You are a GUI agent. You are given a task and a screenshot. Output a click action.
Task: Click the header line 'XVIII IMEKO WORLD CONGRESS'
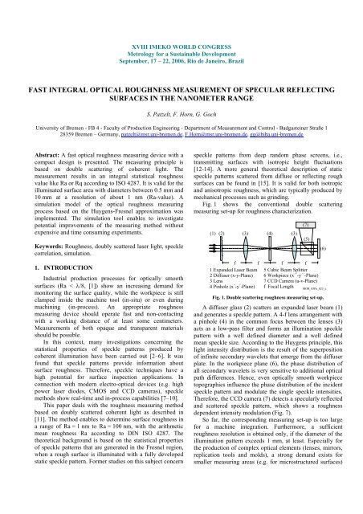click(181, 7)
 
